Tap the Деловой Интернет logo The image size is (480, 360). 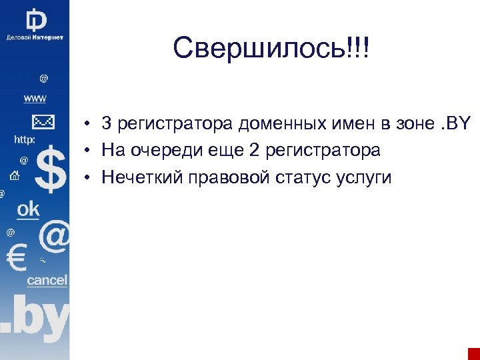35,25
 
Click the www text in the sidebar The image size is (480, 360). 35,99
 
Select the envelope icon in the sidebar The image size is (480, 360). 43,122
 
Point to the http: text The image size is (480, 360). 25,140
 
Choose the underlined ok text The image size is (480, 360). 28,209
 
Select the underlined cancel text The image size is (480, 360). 47,281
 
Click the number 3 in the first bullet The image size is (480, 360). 107,124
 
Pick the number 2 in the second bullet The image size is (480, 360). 254,151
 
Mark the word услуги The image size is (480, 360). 367,178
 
